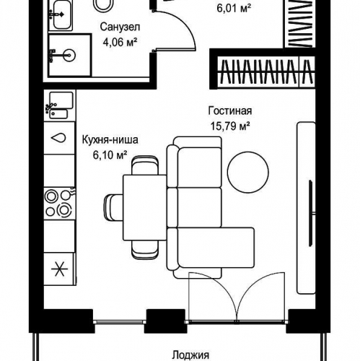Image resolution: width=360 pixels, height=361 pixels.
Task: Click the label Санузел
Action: click(x=120, y=27)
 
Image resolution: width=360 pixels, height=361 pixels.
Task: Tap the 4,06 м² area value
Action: click(x=120, y=43)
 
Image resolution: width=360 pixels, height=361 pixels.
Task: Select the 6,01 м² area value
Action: click(x=234, y=9)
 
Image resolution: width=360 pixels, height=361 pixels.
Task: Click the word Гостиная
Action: click(x=230, y=111)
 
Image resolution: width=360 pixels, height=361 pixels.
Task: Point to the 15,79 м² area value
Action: click(x=230, y=126)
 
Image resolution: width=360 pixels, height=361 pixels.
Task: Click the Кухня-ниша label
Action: click(x=110, y=140)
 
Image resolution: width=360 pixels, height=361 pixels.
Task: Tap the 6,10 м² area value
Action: click(x=110, y=155)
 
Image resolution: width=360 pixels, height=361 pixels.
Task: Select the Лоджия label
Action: click(x=190, y=355)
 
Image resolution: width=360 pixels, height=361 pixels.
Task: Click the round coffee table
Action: click(x=248, y=172)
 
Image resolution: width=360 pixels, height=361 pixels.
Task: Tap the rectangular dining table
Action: click(x=145, y=208)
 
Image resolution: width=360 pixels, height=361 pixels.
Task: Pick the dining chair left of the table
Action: click(x=113, y=208)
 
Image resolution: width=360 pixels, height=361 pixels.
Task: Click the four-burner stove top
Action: click(x=59, y=204)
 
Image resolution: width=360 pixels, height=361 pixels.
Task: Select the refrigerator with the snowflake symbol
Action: click(x=59, y=269)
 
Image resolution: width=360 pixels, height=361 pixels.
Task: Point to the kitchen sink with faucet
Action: click(x=59, y=105)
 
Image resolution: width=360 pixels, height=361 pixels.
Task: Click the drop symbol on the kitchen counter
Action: click(x=58, y=138)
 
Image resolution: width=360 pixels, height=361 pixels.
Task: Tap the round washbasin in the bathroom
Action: click(x=69, y=55)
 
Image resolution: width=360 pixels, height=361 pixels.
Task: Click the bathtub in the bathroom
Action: click(x=61, y=15)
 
